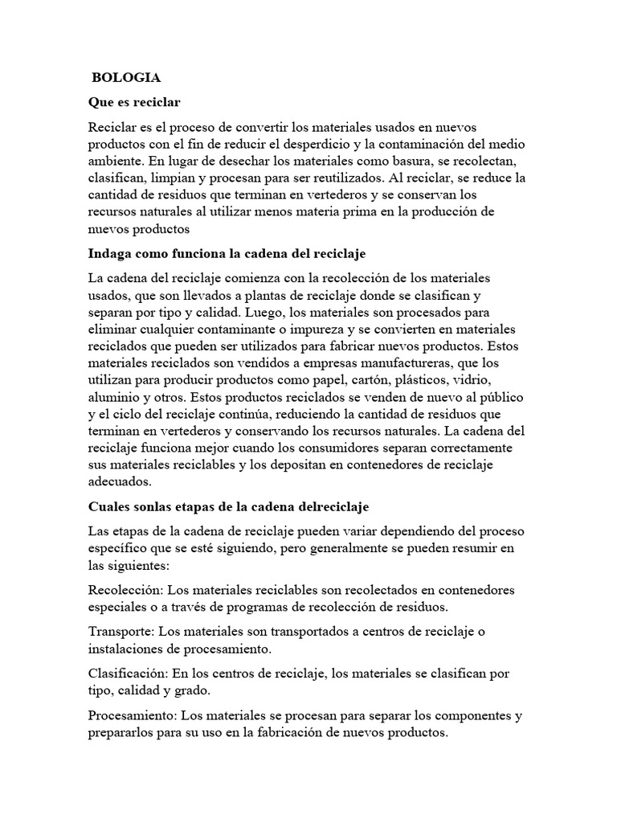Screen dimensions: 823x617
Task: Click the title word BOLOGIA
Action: tap(126, 78)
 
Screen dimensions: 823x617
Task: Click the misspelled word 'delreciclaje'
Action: tap(333, 507)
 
